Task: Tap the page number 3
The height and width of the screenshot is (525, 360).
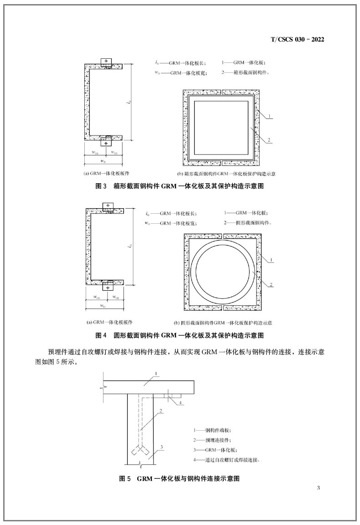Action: pos(319,489)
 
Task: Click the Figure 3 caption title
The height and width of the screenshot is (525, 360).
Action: pos(180,186)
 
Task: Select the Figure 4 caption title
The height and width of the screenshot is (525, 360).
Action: pos(180,335)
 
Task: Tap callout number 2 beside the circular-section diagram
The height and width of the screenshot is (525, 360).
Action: pos(271,284)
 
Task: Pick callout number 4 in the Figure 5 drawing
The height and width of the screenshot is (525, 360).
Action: pos(181,402)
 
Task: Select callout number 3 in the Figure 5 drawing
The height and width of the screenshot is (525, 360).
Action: pos(161,447)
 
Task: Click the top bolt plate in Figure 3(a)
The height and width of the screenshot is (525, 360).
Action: pos(106,62)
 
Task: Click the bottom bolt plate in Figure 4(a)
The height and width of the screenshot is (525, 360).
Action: pos(108,286)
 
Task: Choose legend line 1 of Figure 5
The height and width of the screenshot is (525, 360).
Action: pos(212,430)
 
